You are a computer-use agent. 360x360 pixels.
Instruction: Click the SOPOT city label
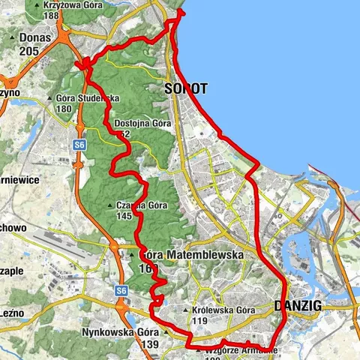tap(185, 88)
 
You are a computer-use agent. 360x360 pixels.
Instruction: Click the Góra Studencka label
tap(88, 98)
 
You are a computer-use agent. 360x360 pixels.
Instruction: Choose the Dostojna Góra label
tap(143, 123)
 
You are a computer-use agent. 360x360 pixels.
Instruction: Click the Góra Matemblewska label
tap(192, 255)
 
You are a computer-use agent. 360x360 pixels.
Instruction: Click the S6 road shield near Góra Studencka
tap(78, 143)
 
